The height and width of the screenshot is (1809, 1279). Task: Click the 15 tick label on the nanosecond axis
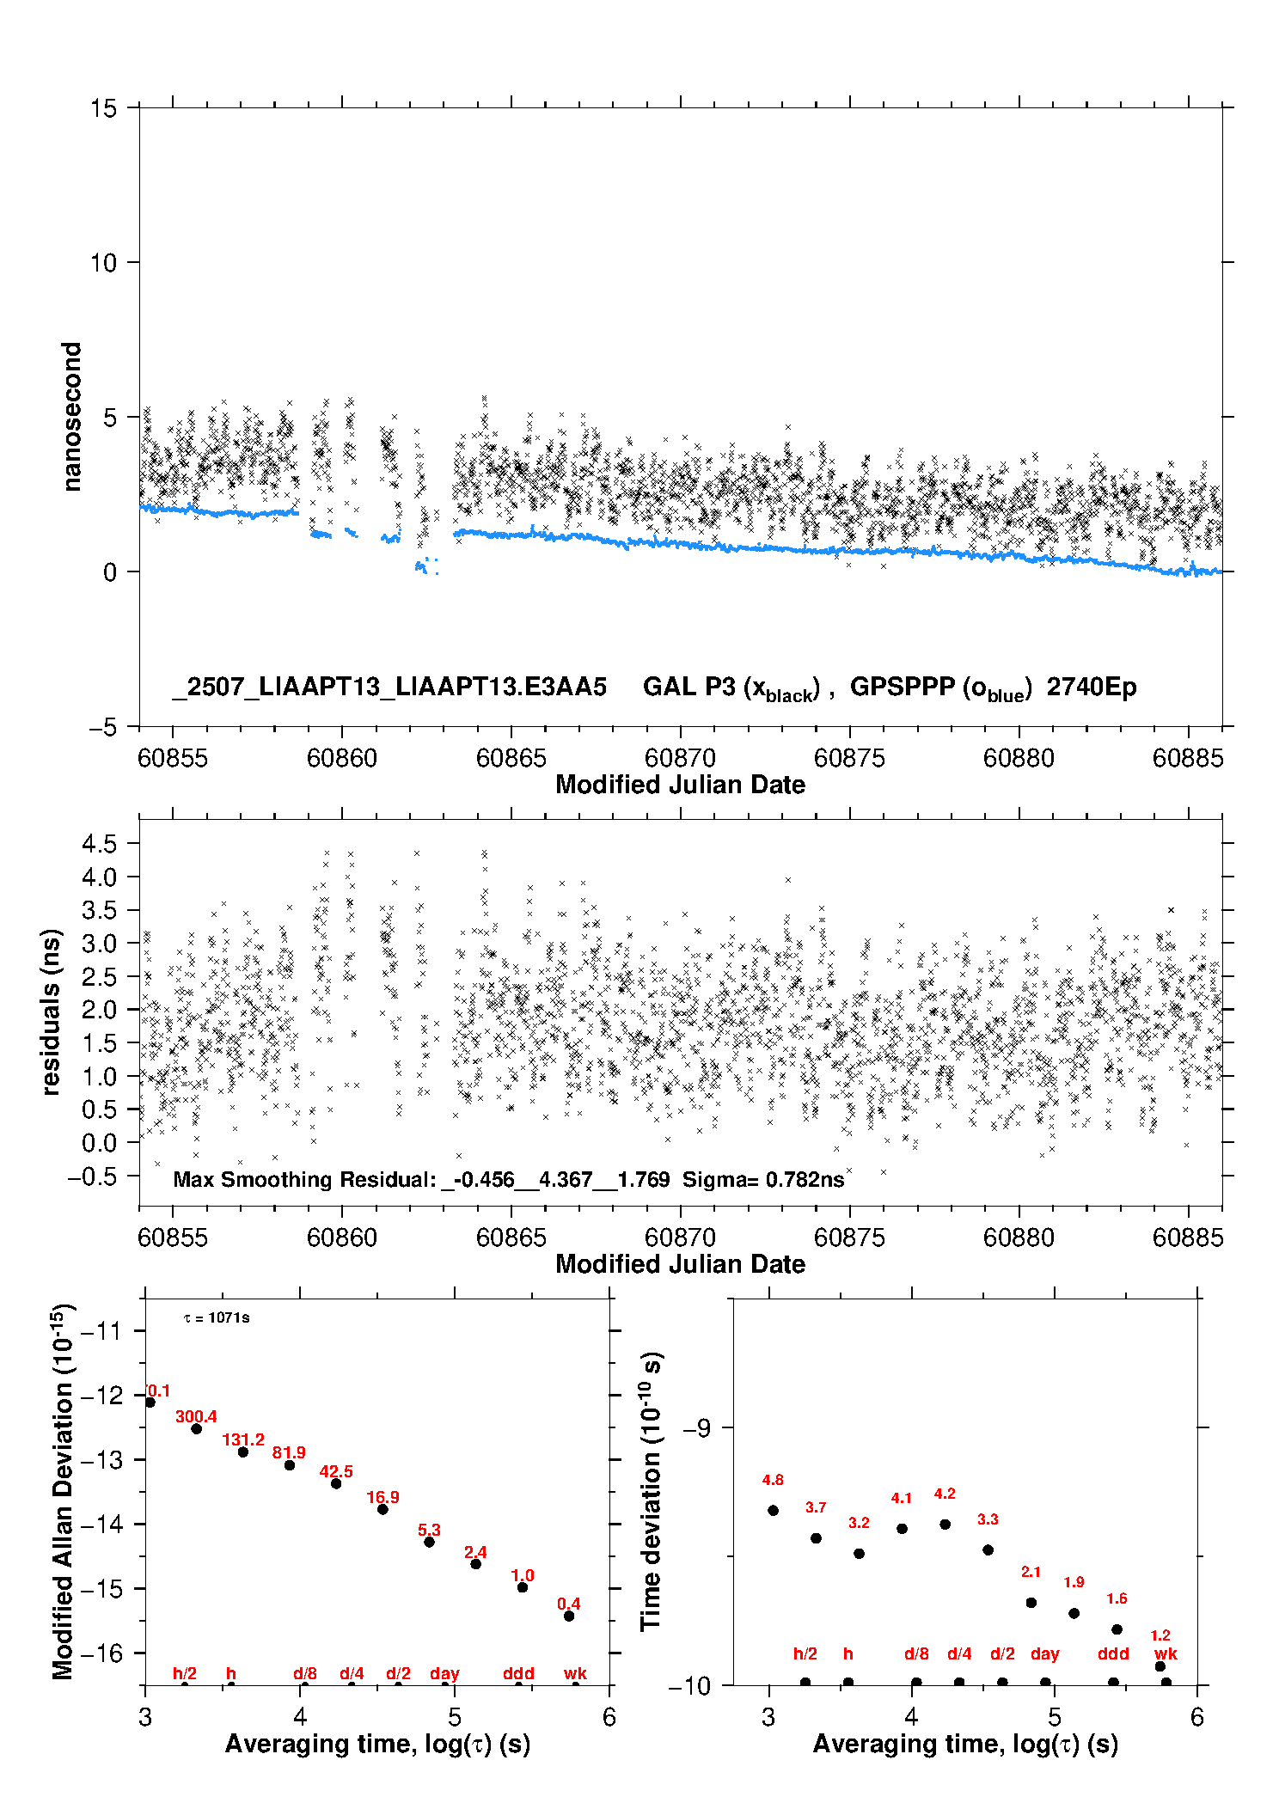pyautogui.click(x=103, y=108)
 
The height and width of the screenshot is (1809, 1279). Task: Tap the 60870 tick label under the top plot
pyautogui.click(x=680, y=758)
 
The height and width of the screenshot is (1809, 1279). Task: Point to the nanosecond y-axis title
pyautogui.click(x=71, y=417)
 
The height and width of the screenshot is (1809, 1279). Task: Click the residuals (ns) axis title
pyautogui.click(x=51, y=1011)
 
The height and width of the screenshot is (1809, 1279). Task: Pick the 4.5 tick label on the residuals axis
pyautogui.click(x=99, y=844)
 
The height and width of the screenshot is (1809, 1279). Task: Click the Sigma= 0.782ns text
pyautogui.click(x=763, y=1179)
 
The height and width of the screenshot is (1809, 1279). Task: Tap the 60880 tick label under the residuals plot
pyautogui.click(x=1019, y=1238)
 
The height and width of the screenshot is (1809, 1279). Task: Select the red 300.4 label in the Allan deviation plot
pyautogui.click(x=196, y=1416)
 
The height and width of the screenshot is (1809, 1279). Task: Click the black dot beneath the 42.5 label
pyautogui.click(x=336, y=1483)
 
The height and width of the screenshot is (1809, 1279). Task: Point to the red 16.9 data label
pyautogui.click(x=382, y=1497)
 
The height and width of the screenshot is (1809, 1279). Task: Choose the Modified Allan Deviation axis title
pyautogui.click(x=63, y=1491)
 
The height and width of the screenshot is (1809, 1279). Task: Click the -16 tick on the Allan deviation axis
pyautogui.click(x=101, y=1653)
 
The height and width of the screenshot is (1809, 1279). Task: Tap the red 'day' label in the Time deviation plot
pyautogui.click(x=1044, y=1654)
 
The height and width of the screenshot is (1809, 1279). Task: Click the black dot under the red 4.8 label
pyautogui.click(x=773, y=1510)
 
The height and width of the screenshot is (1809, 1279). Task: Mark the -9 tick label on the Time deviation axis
pyautogui.click(x=696, y=1427)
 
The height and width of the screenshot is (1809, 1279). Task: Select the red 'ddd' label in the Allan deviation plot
pyautogui.click(x=518, y=1673)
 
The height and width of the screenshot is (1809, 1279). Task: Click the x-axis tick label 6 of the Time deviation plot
pyautogui.click(x=1196, y=1717)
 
